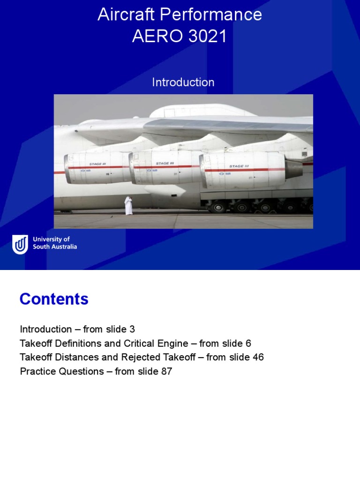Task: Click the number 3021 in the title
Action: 206,37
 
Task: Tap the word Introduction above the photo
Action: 183,82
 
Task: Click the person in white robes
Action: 128,206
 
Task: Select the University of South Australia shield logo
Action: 20,244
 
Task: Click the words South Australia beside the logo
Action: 55,247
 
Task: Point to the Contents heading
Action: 54,299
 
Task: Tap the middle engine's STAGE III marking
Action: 165,164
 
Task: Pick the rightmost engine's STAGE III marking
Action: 239,166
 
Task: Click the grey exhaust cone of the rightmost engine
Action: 294,169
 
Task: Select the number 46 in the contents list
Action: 258,357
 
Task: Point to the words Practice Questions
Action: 62,371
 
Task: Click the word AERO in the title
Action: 154,37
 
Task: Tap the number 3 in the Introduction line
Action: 133,329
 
